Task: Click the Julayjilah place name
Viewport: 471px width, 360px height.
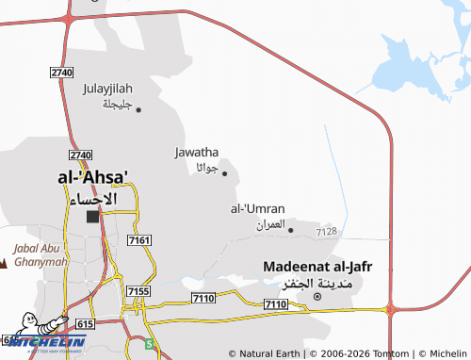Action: click(x=111, y=89)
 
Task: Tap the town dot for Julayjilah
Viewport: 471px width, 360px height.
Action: click(x=138, y=109)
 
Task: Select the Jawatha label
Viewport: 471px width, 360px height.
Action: click(x=197, y=151)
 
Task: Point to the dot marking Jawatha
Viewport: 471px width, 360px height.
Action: click(x=224, y=172)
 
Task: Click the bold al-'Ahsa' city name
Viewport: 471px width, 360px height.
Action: click(x=92, y=176)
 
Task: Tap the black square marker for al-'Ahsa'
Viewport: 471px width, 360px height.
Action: click(x=92, y=217)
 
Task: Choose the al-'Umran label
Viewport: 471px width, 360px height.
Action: click(x=257, y=208)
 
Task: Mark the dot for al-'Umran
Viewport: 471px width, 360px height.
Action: click(x=290, y=229)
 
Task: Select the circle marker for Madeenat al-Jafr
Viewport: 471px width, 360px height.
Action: click(x=317, y=297)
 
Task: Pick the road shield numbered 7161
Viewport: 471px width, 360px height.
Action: click(x=138, y=242)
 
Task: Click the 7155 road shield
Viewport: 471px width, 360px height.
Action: click(x=137, y=292)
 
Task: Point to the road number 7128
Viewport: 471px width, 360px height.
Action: click(x=327, y=231)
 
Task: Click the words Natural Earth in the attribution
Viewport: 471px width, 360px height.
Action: click(x=268, y=353)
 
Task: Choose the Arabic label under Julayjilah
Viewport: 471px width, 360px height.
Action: click(x=120, y=103)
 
